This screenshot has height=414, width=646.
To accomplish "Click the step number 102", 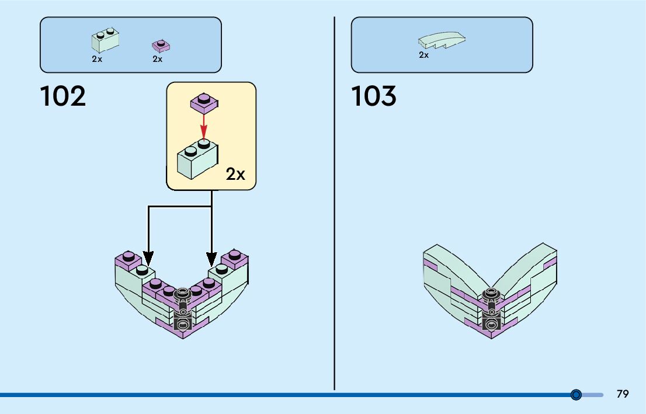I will click(63, 96).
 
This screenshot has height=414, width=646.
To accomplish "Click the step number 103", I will click(374, 96).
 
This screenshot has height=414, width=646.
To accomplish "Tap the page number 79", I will click(623, 394).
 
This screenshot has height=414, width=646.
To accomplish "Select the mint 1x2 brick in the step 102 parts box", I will click(106, 41).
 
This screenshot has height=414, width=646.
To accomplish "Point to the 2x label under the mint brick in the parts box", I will click(97, 59).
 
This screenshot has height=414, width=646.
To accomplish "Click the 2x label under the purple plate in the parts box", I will click(158, 59).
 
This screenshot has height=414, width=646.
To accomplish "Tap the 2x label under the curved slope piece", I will click(424, 55).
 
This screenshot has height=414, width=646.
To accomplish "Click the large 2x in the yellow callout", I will click(236, 174).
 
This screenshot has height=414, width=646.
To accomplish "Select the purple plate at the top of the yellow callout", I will click(204, 103).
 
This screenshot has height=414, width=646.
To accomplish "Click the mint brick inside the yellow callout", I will click(197, 159).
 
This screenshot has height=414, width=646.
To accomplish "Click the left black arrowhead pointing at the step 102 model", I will click(148, 258).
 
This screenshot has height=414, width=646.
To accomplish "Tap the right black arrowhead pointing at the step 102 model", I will click(211, 258).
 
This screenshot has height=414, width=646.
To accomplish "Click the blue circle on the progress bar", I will click(576, 395).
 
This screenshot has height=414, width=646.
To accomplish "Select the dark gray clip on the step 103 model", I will click(492, 307).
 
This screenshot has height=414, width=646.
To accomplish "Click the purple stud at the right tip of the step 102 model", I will click(235, 254).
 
